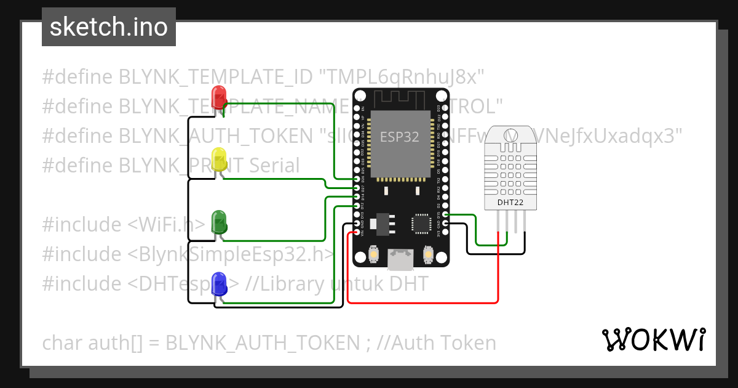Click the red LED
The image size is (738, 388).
click(x=218, y=97)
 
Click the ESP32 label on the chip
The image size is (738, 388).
click(x=400, y=137)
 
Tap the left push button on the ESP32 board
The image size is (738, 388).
click(x=373, y=254)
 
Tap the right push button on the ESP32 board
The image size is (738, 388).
click(x=429, y=254)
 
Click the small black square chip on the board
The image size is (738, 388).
click(x=422, y=224)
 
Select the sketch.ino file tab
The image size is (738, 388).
click(x=109, y=27)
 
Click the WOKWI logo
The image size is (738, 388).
click(x=653, y=339)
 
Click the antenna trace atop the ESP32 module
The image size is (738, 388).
click(x=400, y=97)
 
